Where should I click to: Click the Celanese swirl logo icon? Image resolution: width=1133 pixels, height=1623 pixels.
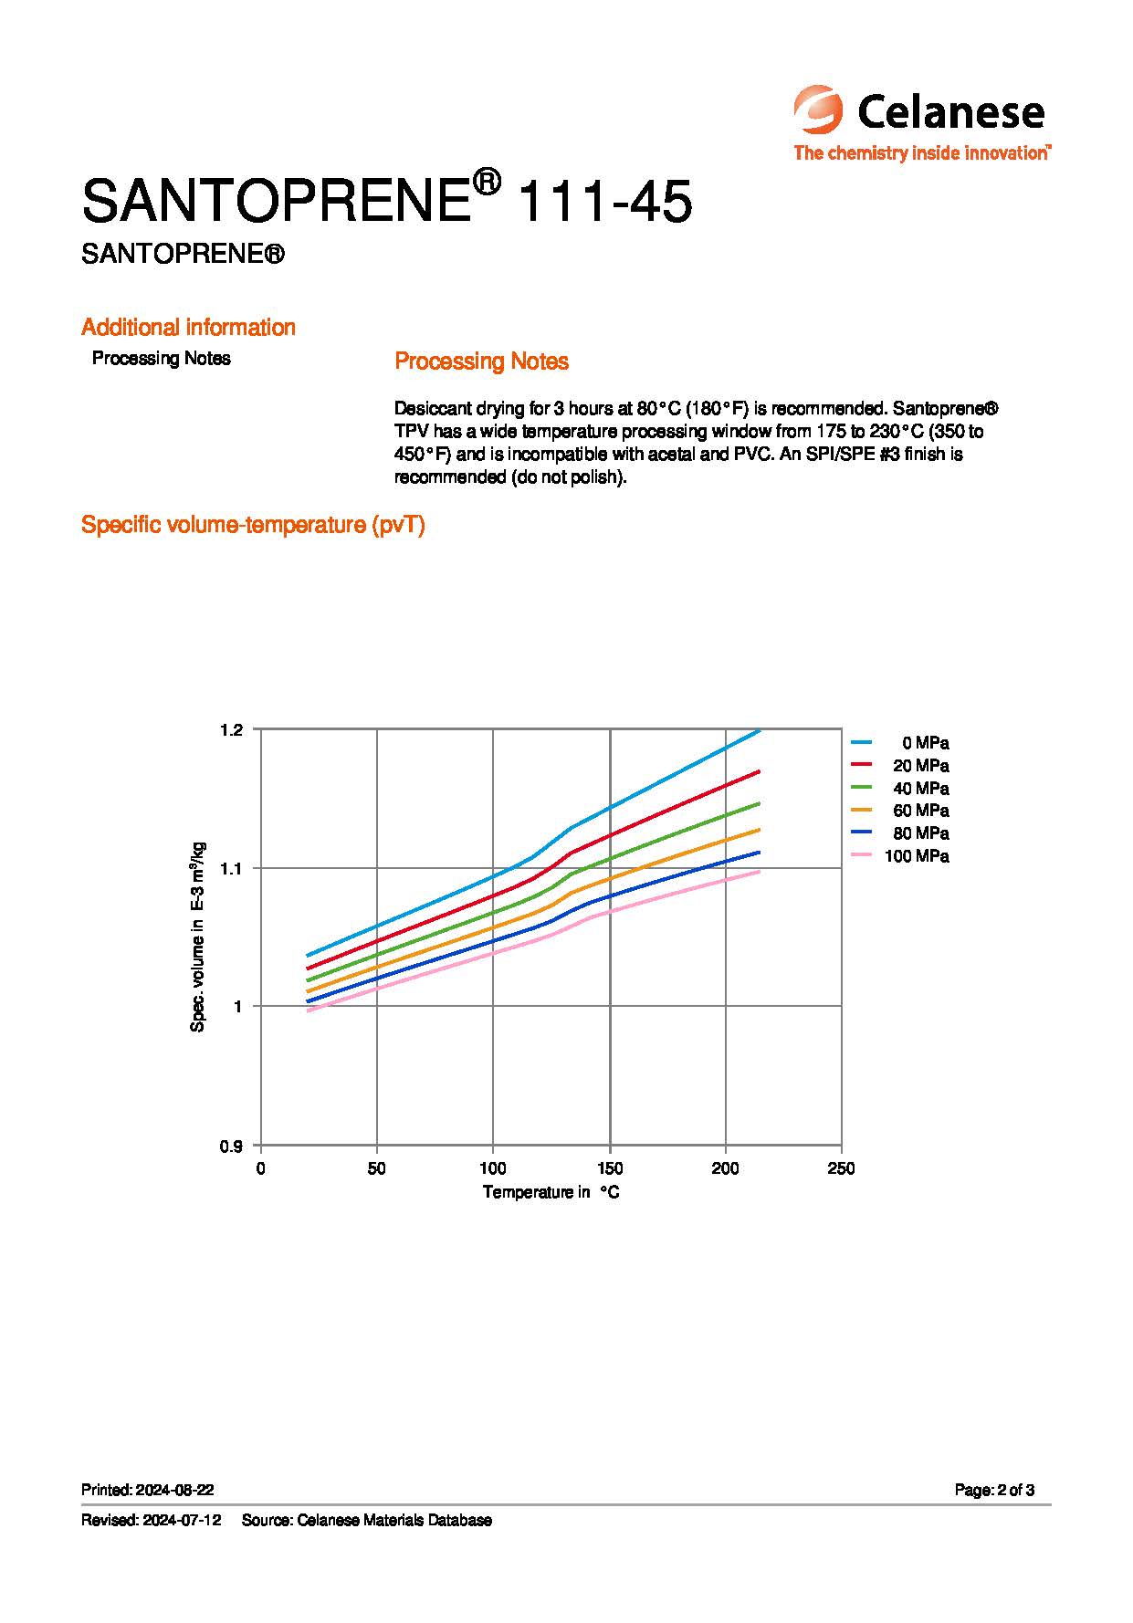(818, 110)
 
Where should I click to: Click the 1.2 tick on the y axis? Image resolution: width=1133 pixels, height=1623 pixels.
(231, 729)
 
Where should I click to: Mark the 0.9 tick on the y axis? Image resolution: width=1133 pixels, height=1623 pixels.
(231, 1147)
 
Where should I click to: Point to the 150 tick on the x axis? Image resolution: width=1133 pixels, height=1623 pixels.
(610, 1168)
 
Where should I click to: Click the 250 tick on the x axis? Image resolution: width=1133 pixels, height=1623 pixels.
(841, 1168)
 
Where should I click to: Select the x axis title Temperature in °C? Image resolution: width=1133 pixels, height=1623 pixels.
(551, 1192)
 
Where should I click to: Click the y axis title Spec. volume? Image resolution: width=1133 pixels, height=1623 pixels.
(198, 937)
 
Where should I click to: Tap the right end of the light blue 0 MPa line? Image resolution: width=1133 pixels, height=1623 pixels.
(759, 730)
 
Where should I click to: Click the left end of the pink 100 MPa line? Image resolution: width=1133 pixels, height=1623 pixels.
(309, 1010)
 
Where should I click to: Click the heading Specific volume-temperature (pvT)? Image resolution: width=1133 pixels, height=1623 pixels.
(253, 525)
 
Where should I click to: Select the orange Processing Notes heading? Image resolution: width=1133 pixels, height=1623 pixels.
(481, 361)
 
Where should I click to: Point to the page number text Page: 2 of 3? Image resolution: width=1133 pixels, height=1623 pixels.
(994, 1490)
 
